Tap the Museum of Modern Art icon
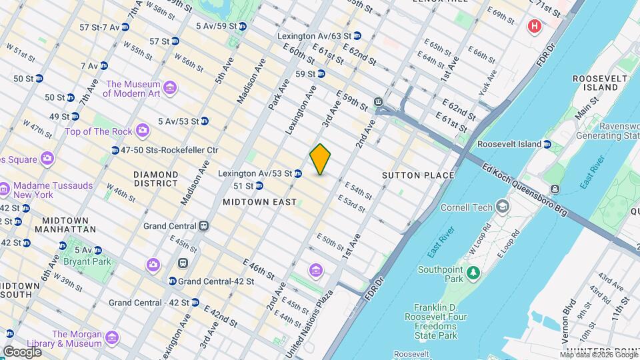(x=170, y=89)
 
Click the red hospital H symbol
(x=533, y=27)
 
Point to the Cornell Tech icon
(x=501, y=207)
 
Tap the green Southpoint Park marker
(x=473, y=272)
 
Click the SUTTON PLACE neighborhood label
(x=418, y=175)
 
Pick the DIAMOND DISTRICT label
(x=155, y=179)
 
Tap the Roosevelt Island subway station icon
(x=547, y=144)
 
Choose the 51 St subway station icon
(x=259, y=186)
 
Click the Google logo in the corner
(x=22, y=351)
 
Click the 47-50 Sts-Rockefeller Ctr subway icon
(x=115, y=151)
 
